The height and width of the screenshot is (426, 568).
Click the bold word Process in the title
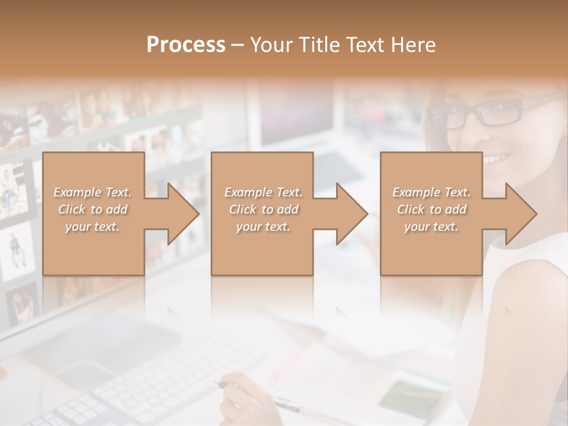tap(186, 44)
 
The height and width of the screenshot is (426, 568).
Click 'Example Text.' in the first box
tap(93, 192)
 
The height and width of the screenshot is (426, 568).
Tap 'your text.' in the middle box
tap(263, 227)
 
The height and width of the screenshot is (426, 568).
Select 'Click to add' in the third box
tap(432, 209)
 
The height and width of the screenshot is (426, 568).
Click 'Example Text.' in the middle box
tap(263, 192)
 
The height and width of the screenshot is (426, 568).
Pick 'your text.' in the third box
tap(431, 227)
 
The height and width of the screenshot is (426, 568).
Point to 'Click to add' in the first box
tap(93, 209)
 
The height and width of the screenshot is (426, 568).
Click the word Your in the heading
tap(273, 44)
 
